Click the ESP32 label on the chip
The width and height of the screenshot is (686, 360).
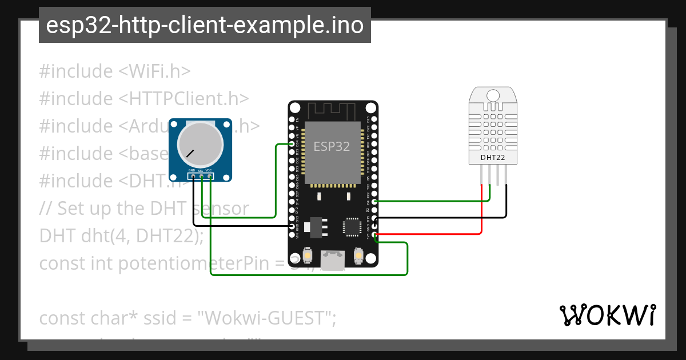point(332,146)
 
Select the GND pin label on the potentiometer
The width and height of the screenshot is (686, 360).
point(193,171)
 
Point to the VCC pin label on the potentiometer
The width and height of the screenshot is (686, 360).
point(209,171)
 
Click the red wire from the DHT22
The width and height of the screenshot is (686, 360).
point(482,211)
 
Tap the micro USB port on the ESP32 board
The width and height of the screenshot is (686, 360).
point(332,261)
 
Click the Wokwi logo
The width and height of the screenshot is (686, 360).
point(607,315)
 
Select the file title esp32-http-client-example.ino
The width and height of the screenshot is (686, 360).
point(205,25)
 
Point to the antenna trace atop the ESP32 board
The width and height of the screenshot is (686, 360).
point(332,108)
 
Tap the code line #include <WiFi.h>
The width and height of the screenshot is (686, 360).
point(114,71)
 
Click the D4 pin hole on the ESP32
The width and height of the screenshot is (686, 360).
point(374,202)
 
